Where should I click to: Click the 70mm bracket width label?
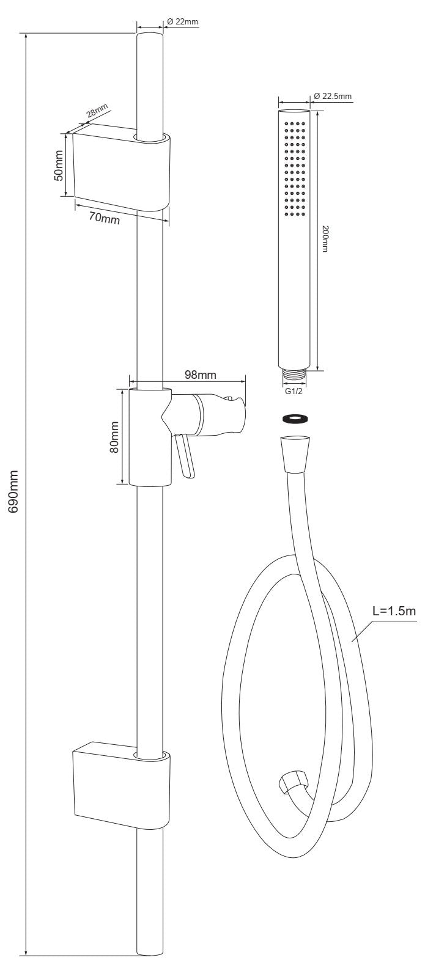point(105,218)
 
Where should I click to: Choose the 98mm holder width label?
point(200,375)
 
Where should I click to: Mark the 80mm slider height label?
point(114,437)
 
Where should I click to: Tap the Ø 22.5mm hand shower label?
point(332,96)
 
